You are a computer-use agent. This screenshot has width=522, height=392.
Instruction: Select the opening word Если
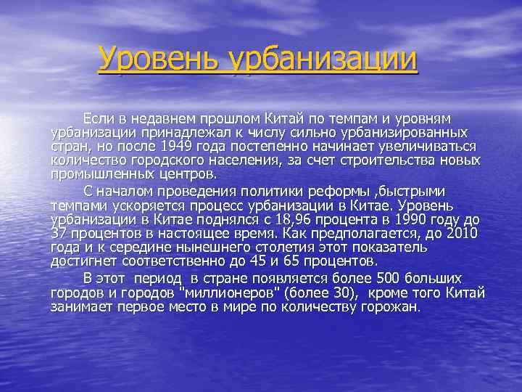pyautogui.click(x=97, y=118)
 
